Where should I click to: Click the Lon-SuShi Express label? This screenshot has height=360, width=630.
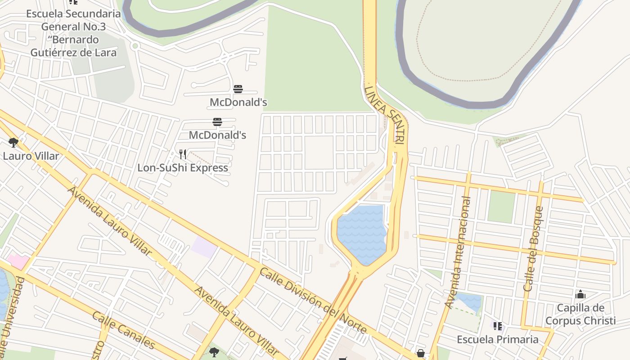[183, 167]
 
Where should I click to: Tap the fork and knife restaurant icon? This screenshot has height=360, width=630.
[183, 154]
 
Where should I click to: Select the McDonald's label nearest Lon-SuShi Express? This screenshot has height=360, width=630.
[217, 135]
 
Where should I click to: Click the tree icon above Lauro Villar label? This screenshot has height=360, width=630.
[13, 143]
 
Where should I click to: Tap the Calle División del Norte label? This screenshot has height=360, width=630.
[313, 301]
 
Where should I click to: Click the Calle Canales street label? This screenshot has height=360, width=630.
[123, 330]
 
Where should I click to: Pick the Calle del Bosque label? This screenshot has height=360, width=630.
[534, 248]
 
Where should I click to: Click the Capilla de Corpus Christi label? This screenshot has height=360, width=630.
[580, 314]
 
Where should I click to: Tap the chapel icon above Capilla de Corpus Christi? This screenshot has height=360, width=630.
[580, 295]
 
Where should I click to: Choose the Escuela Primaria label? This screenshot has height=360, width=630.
[497, 339]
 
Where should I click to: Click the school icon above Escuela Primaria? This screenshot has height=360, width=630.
[497, 326]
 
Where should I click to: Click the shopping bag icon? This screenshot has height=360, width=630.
[420, 354]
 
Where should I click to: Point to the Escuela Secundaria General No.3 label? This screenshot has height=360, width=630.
[73, 33]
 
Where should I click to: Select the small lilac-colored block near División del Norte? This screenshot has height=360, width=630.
[203, 247]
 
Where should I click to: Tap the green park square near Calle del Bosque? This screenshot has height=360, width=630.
[501, 207]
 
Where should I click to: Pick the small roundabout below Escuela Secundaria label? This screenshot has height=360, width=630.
[135, 46]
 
